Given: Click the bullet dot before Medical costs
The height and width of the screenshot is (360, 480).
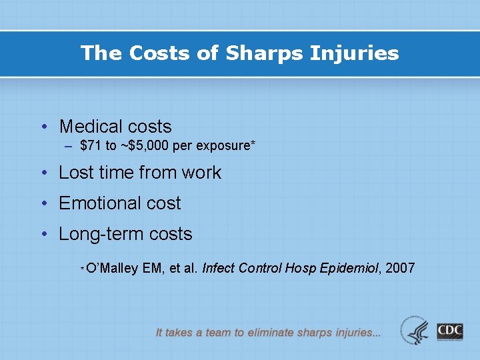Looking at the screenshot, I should point(43,127).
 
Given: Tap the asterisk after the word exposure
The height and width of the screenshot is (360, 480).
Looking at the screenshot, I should point(253,144).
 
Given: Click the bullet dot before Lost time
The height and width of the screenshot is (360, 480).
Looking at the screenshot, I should point(43,173).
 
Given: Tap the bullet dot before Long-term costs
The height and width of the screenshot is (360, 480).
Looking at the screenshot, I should point(43,234).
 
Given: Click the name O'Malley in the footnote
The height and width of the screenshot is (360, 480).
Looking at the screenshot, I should point(112,269).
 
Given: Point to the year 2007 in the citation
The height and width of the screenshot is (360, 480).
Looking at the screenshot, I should point(400,269).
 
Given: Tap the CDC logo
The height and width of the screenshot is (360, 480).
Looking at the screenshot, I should point(450,331).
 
